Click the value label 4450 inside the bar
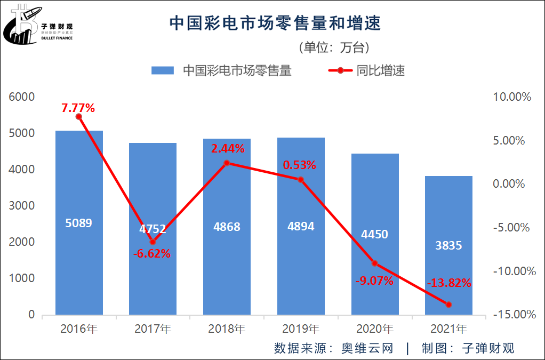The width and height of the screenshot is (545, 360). point(374,234)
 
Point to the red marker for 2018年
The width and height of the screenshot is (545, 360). point(227,163)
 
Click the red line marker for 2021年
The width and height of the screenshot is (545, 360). point(448,305)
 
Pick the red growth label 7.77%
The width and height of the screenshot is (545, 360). point(78,108)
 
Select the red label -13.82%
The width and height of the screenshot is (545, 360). point(449,283)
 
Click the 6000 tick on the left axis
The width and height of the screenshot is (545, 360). point(21,97)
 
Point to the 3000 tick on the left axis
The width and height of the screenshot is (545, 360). point(21,206)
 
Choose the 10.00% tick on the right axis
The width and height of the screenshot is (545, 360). point(512,97)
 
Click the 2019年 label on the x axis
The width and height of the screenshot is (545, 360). point(301,329)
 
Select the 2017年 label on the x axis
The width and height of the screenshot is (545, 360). point(153,329)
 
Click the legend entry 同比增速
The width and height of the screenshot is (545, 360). point(380,70)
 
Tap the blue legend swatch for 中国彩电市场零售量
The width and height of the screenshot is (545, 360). point(163,70)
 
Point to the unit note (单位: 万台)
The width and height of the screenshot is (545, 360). point(333,47)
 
